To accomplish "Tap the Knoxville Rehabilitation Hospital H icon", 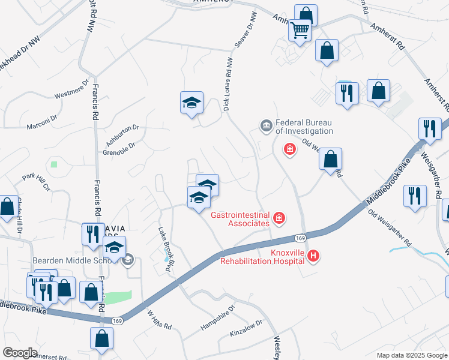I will click(313, 257).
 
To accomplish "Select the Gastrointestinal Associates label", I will click(240, 219).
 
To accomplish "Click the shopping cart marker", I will click(300, 29).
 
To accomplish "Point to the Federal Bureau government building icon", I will click(266, 126).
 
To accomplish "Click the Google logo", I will click(20, 353).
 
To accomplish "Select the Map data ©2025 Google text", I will click(411, 355).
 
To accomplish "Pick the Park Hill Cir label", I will click(36, 183).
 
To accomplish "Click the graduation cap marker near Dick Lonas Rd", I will click(191, 104).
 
